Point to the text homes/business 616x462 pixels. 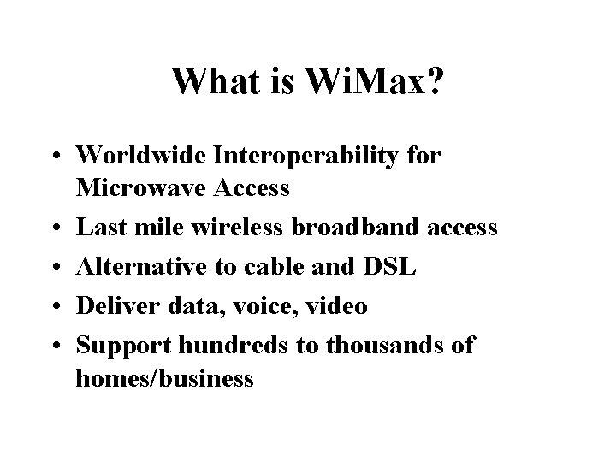coord(164,377)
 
